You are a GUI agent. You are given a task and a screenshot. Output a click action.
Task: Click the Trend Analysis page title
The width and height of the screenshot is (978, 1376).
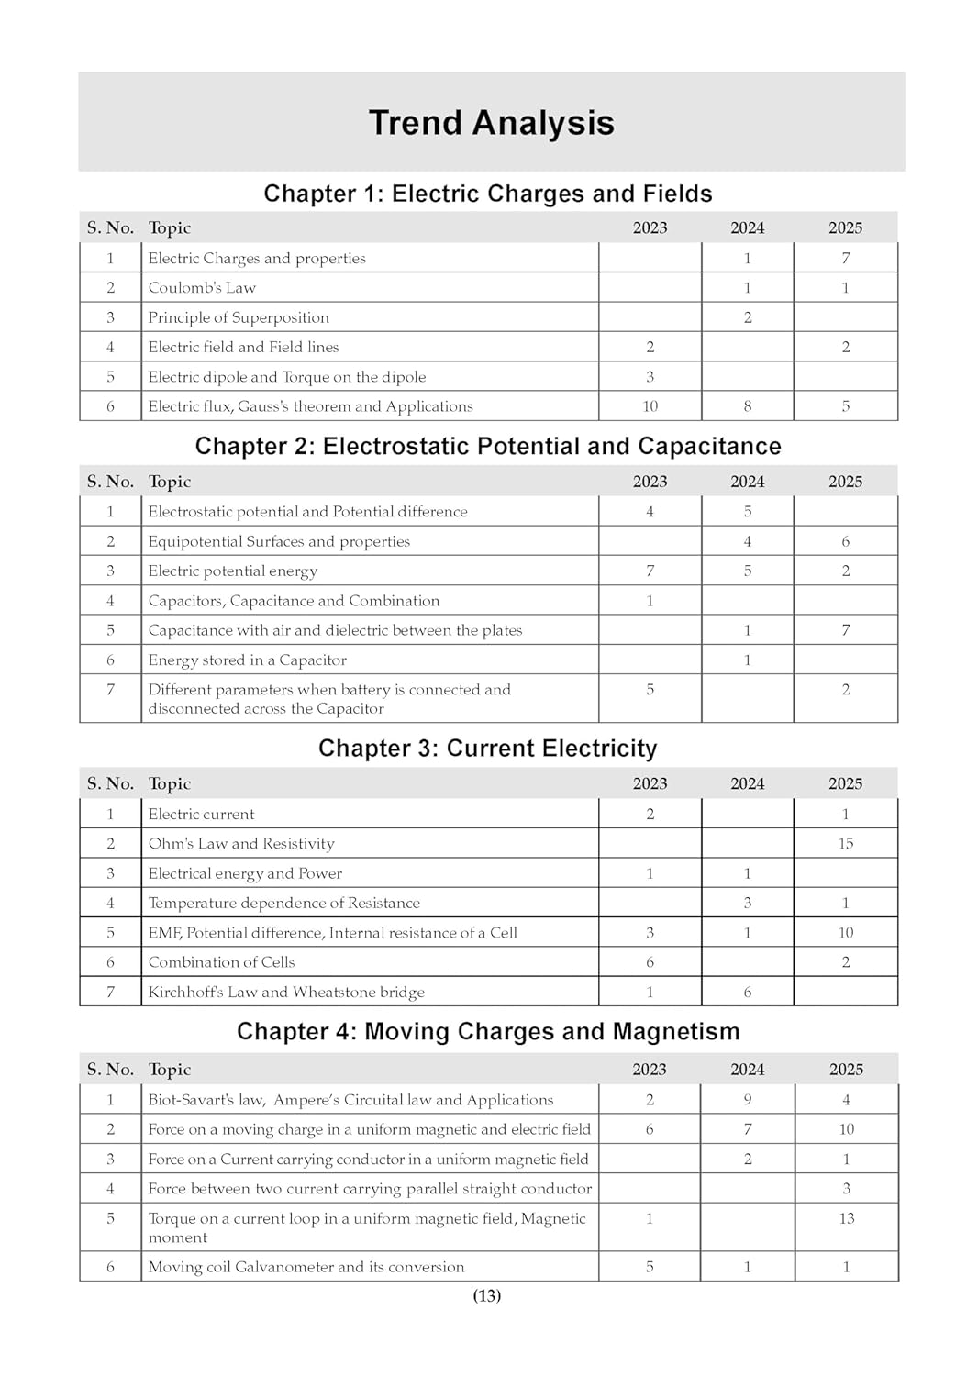(491, 123)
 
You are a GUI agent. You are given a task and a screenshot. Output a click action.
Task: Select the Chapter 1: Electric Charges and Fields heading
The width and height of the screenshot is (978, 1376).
(488, 194)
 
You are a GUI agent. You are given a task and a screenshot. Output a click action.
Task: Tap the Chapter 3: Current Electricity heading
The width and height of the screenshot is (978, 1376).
(488, 749)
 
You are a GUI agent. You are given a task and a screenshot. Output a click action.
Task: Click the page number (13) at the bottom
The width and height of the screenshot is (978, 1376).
(487, 1295)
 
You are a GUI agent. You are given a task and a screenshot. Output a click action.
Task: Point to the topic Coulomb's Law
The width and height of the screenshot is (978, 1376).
(202, 288)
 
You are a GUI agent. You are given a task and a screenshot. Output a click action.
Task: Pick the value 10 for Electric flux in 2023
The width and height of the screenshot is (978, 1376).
(650, 406)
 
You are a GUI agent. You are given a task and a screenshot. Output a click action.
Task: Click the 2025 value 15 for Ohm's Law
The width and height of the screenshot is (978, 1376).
(845, 844)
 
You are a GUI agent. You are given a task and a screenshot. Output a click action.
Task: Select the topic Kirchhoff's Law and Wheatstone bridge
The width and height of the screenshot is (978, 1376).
(286, 993)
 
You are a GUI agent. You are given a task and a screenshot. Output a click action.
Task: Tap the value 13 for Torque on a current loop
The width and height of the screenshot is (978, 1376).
(846, 1218)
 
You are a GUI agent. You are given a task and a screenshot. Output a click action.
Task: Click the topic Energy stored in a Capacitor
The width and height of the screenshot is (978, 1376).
(248, 660)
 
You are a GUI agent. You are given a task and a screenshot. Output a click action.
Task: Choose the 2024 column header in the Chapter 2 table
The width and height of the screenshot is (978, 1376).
(748, 482)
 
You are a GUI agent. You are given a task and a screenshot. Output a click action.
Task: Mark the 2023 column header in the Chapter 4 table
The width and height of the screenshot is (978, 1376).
(650, 1070)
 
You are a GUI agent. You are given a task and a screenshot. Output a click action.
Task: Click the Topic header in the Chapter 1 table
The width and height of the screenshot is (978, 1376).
(170, 228)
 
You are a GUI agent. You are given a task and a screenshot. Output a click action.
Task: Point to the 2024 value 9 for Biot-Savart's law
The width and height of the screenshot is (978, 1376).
(748, 1100)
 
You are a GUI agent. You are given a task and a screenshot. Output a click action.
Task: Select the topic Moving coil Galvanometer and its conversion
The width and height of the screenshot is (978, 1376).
(306, 1267)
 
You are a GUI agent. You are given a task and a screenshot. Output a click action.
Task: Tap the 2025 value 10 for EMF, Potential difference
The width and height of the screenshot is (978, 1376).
(845, 933)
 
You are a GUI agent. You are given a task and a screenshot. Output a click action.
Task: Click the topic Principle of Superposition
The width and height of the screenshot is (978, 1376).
(239, 318)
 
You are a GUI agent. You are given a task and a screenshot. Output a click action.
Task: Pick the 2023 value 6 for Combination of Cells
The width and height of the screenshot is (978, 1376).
(650, 962)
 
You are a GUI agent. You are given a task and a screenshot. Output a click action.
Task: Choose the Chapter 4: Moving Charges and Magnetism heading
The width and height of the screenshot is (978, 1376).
(488, 1032)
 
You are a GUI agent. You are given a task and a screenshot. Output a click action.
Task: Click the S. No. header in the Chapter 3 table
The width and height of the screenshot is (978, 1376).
(110, 784)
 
